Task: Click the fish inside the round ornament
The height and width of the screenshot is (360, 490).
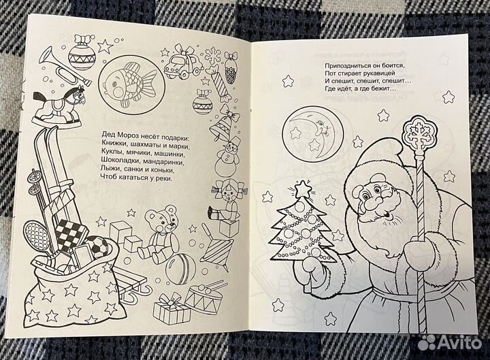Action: [x=130, y=82]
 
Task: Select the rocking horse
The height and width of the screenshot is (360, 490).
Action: [x=59, y=106]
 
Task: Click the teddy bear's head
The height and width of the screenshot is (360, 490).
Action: [x=161, y=218]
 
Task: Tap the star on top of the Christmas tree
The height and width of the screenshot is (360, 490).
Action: [x=301, y=189]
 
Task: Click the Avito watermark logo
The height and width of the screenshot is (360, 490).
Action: [x=449, y=342]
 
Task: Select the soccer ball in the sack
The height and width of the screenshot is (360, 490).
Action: [x=96, y=247]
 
